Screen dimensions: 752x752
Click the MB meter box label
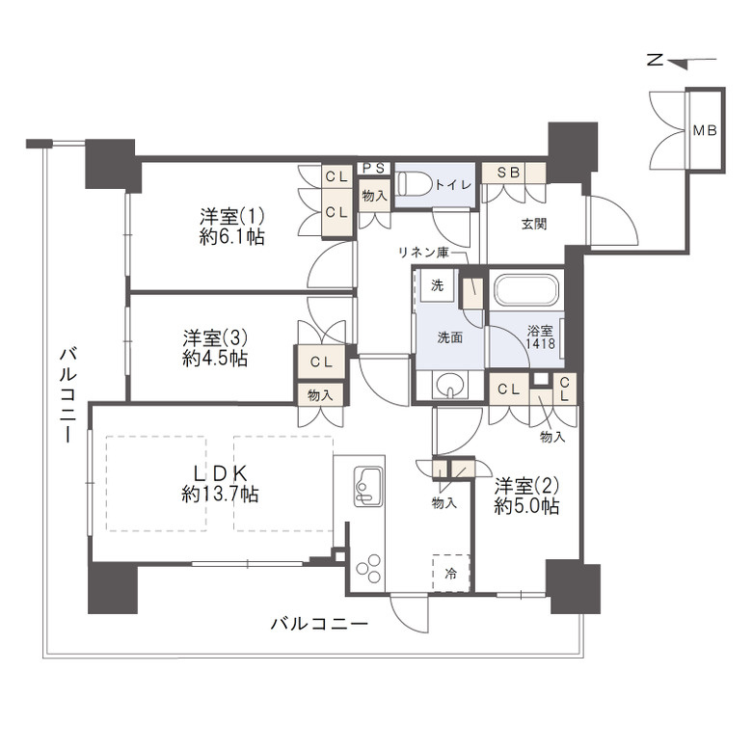705,130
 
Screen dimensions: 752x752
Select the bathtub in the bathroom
526,291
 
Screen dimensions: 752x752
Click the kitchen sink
368,487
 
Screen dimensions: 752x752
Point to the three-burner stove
368,568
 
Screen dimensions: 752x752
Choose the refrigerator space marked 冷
451,573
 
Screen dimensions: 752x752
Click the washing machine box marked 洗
437,285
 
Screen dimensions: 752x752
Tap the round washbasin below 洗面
450,385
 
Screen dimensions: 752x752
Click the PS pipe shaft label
373,169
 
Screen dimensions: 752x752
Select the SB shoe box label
508,173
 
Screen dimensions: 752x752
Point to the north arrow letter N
655,60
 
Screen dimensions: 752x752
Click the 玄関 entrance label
534,224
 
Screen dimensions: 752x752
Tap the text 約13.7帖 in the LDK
220,494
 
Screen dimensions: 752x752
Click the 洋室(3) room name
215,338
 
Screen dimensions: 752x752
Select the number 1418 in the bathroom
541,343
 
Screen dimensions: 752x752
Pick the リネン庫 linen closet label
424,253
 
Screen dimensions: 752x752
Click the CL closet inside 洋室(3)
321,363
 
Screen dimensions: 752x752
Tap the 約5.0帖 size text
526,506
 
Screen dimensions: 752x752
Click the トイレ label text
453,185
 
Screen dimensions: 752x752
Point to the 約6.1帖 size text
232,237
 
